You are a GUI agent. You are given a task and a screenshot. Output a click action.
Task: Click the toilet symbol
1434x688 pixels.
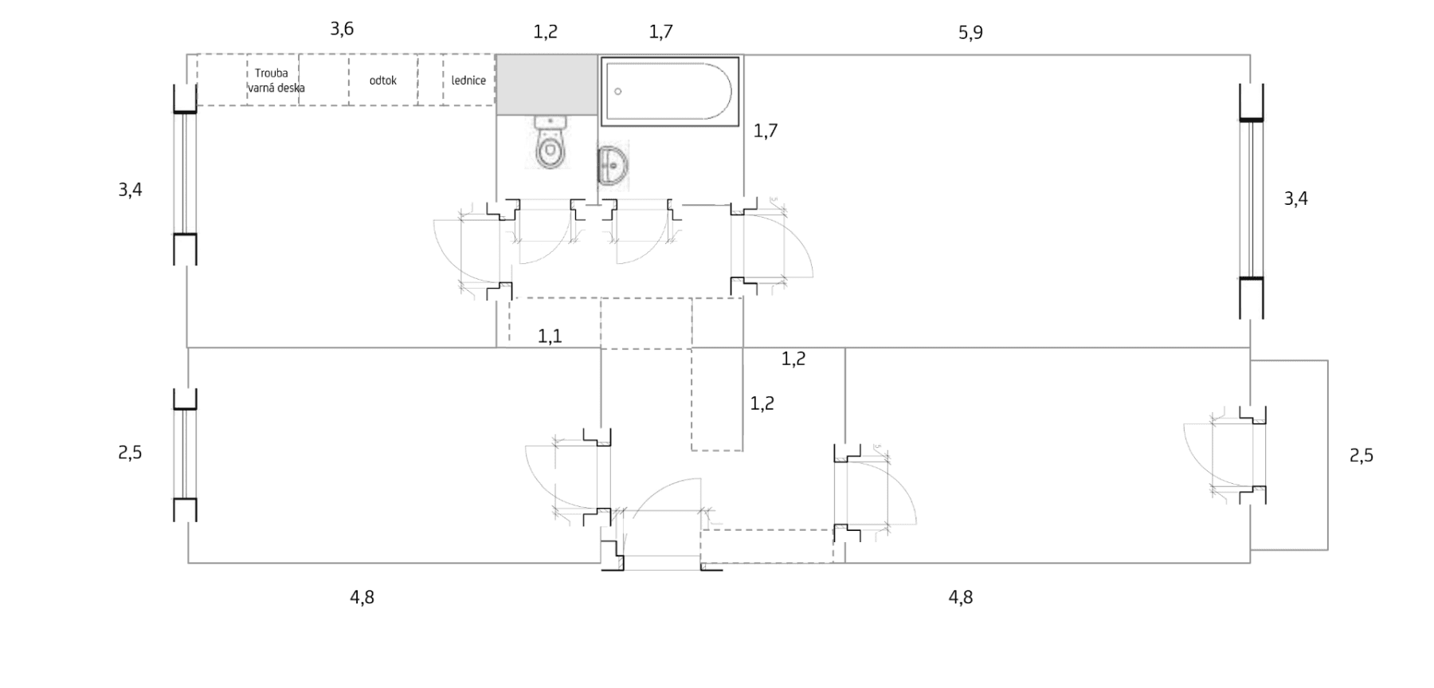click(x=550, y=143)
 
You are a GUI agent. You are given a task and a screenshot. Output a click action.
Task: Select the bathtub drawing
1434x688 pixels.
click(x=669, y=91)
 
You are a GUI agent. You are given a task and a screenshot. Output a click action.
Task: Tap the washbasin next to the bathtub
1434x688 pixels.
click(x=613, y=166)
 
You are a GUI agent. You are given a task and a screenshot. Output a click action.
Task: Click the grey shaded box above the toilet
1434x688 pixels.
click(x=547, y=85)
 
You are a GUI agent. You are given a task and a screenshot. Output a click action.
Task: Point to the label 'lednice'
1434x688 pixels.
click(x=468, y=81)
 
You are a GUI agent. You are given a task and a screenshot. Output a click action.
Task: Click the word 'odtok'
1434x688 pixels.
click(x=383, y=81)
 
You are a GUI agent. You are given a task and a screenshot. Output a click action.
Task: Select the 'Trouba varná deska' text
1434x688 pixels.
click(x=276, y=81)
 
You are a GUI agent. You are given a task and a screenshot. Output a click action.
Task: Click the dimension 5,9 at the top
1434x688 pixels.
click(x=970, y=33)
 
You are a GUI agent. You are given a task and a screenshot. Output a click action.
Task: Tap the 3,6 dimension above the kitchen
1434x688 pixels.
click(x=342, y=29)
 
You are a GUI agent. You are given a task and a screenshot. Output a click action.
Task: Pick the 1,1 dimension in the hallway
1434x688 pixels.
click(x=550, y=336)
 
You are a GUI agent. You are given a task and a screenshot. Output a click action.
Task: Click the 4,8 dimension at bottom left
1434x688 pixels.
click(x=362, y=597)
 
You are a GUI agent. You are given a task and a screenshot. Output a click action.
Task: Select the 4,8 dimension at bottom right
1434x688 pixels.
click(x=961, y=597)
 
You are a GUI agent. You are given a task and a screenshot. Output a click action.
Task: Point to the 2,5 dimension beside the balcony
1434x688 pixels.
click(x=1362, y=456)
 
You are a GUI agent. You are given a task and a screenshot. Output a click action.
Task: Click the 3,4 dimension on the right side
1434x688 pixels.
click(x=1296, y=199)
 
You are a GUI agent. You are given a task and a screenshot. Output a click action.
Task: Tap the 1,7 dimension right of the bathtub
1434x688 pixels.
click(x=766, y=131)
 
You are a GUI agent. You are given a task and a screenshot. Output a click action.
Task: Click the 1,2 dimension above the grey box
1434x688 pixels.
click(x=546, y=32)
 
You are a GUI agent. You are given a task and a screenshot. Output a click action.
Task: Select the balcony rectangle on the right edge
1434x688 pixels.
click(x=1289, y=455)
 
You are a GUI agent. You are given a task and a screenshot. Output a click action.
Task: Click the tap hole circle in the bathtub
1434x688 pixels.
click(x=618, y=92)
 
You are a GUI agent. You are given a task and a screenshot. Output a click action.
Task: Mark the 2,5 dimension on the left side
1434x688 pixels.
click(x=130, y=453)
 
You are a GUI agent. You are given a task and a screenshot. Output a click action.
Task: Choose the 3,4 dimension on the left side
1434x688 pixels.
click(x=130, y=190)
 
